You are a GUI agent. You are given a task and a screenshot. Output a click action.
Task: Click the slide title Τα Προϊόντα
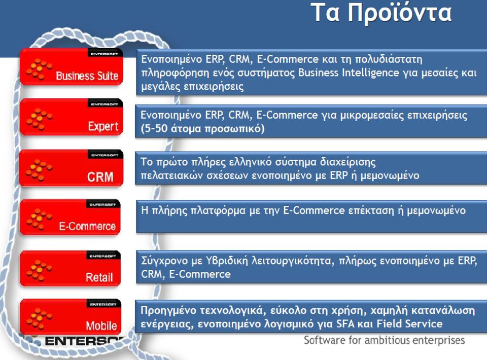coord(381,13)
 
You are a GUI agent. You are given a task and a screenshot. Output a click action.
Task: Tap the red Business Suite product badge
coord(72,66)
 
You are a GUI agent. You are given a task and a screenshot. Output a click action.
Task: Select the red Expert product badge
coord(72,117)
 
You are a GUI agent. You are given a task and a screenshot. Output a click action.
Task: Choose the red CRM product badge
coord(72,168)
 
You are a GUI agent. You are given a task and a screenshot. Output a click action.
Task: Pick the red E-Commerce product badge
coord(70,217)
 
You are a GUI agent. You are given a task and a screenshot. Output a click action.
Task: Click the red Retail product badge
coord(70,268)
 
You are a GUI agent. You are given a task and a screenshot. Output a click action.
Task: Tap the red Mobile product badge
coord(71,316)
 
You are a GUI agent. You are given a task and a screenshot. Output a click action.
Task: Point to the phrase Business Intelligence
coord(349,73)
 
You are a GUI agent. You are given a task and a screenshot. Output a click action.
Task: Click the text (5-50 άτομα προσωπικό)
coord(202,128)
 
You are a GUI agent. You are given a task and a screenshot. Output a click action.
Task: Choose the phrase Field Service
coord(409,323)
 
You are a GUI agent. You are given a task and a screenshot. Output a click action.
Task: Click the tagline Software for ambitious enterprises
coord(384,340)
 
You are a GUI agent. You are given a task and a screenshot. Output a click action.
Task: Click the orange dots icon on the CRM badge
coord(39,170)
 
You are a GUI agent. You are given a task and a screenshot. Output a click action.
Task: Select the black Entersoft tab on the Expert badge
coord(105,103)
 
